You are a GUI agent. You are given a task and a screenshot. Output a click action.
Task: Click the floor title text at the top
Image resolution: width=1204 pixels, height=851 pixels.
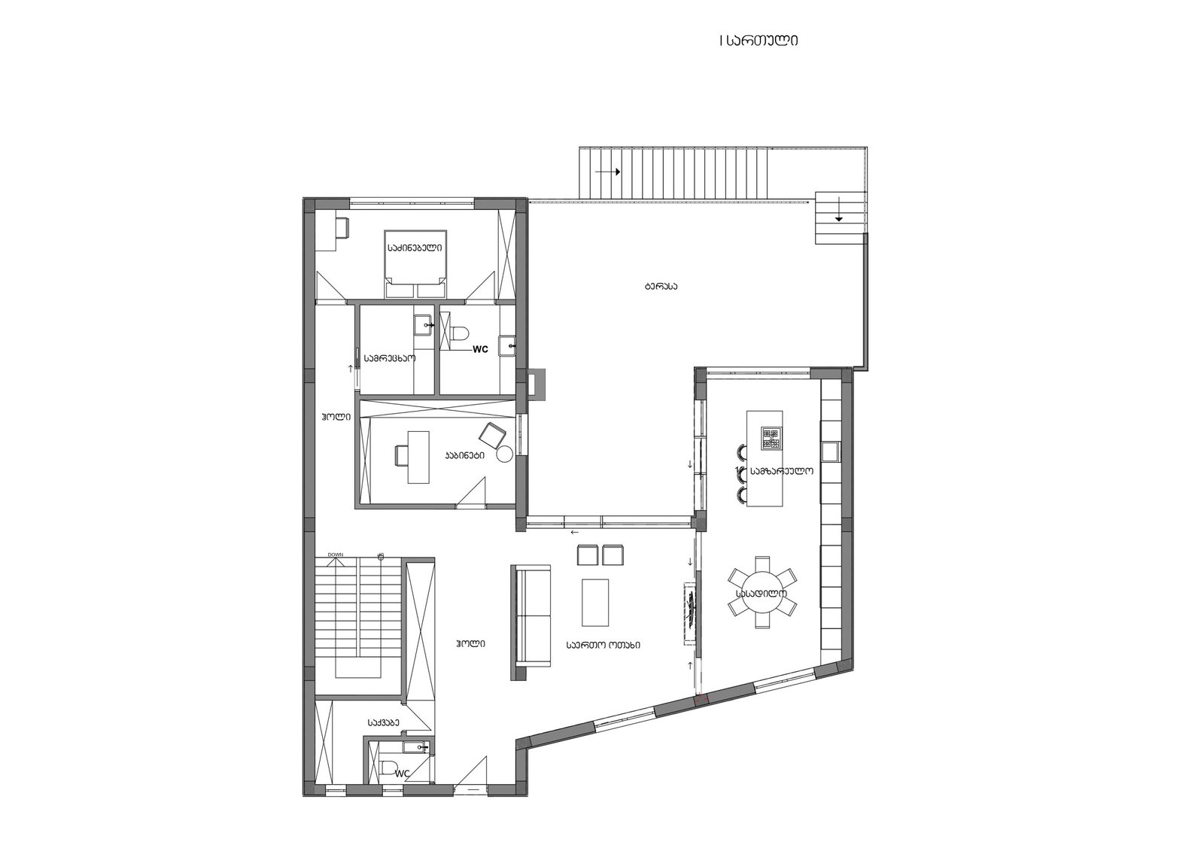click(x=759, y=41)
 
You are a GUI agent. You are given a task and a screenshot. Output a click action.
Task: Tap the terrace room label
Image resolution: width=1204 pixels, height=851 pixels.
click(x=660, y=287)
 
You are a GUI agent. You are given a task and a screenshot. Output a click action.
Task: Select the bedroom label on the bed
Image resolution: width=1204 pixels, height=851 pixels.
click(x=415, y=248)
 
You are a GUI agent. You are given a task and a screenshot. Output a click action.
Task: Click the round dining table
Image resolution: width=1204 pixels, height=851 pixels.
click(x=762, y=592)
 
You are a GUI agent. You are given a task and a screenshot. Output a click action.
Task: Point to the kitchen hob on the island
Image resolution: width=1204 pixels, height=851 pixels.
click(x=771, y=438)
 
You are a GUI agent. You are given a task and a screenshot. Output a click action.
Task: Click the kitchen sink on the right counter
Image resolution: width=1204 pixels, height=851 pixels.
click(x=829, y=451)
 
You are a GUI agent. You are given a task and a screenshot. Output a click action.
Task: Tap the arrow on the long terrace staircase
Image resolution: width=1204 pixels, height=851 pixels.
click(x=608, y=172)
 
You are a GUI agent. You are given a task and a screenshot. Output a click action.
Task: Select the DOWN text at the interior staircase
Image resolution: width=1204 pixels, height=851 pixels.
click(x=336, y=555)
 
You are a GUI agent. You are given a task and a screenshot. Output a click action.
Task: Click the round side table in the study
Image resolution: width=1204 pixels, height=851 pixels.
click(x=505, y=454)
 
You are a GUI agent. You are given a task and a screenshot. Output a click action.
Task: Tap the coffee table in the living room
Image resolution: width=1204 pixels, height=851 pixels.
click(x=595, y=602)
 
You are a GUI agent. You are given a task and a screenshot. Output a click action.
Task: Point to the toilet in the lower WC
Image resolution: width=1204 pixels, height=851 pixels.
click(x=387, y=770)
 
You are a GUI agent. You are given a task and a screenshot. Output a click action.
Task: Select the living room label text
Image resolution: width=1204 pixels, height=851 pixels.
click(x=603, y=645)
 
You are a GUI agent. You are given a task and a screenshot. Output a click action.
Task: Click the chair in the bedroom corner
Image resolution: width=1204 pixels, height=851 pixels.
click(x=342, y=227)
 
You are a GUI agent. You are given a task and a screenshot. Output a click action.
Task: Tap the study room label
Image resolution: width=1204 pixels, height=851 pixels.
click(x=464, y=454)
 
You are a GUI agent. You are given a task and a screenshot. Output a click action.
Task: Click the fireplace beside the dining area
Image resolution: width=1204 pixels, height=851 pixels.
click(x=690, y=612)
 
